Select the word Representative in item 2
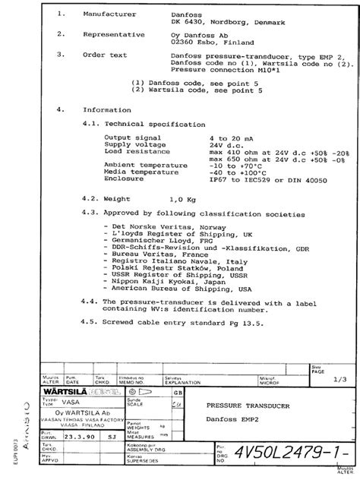pos(113,35)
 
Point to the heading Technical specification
pos(154,122)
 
